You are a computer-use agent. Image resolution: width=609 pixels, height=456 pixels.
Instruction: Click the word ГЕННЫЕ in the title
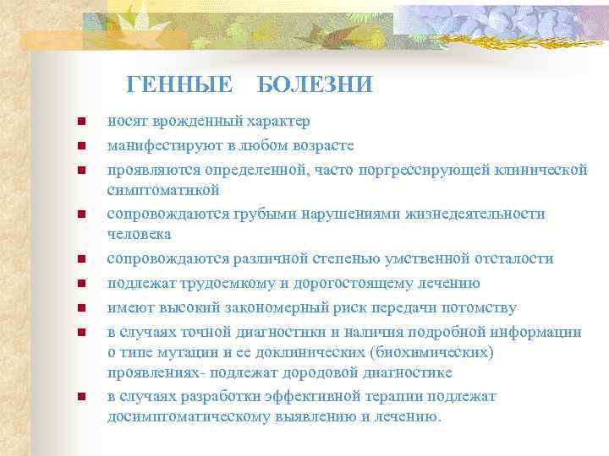(179, 84)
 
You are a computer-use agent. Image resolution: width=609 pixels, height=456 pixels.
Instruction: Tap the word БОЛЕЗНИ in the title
(314, 84)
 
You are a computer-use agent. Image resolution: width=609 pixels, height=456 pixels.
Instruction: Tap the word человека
(140, 233)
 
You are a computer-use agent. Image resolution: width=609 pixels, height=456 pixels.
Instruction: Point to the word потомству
(486, 307)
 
